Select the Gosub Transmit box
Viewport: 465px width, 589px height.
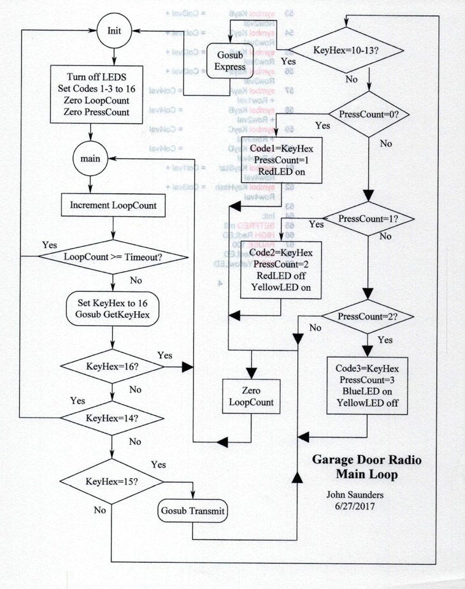pos(193,511)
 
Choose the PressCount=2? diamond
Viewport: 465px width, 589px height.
pos(368,316)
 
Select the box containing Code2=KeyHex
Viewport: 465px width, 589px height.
pos(282,270)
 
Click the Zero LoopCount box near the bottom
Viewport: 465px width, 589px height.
pos(252,395)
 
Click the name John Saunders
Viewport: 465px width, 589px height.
pos(354,493)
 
